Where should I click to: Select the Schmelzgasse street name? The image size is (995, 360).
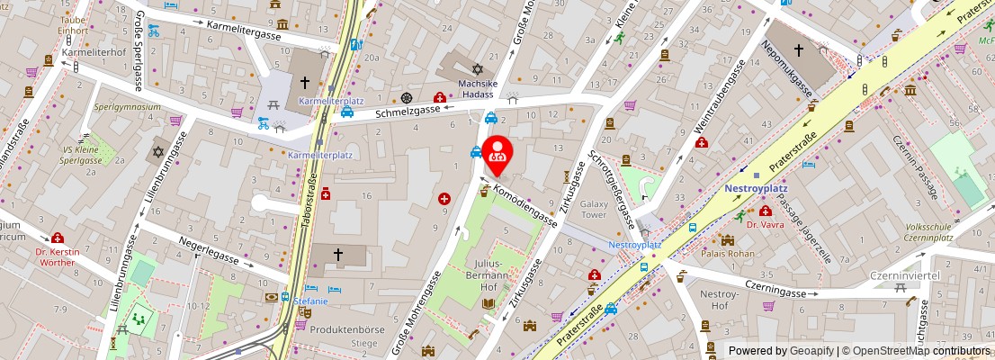pos(408,111)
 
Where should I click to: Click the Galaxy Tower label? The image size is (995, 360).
pos(594,210)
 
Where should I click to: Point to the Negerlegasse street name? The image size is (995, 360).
pos(209,251)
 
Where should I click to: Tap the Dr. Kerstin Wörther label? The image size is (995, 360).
pos(58,256)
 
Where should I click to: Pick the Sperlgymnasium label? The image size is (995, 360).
pos(127,106)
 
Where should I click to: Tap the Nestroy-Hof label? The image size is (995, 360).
pos(719,300)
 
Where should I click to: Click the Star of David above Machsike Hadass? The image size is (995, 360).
pos(478,69)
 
